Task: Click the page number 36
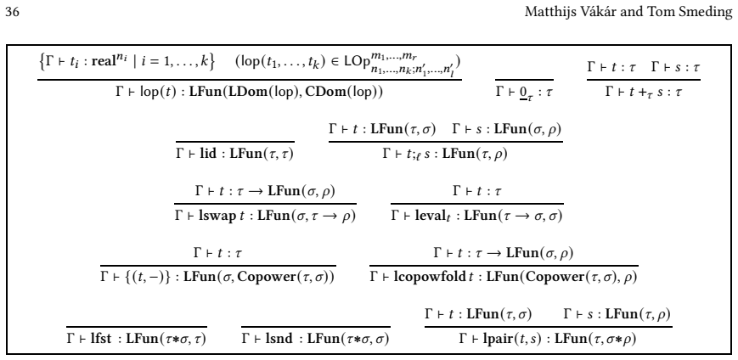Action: point(12,12)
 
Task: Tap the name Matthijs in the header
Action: point(545,12)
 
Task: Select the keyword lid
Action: point(208,154)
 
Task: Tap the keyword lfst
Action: point(101,339)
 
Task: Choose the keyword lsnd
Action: point(279,339)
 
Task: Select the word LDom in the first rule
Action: point(246,92)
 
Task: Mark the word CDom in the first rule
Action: point(322,92)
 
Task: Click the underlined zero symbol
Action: point(523,93)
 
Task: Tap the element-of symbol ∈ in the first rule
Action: point(335,62)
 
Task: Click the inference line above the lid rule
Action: point(235,141)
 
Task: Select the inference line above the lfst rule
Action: point(137,327)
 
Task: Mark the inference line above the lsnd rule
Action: point(316,327)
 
